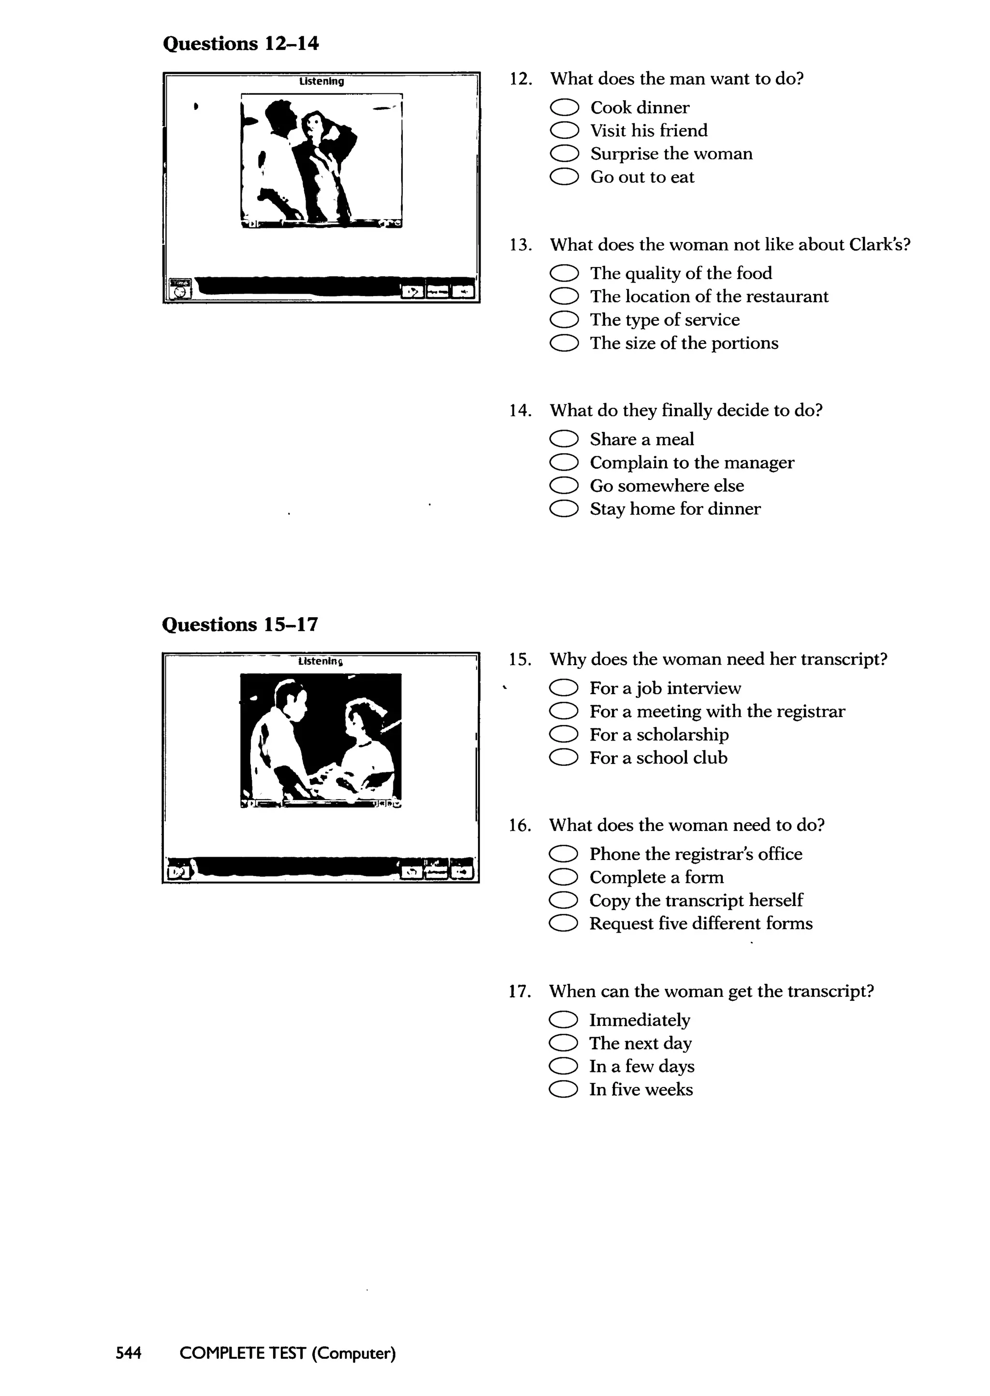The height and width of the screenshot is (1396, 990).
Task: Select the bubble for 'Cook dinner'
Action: click(x=564, y=108)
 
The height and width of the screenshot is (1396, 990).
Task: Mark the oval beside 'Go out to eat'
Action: click(x=564, y=178)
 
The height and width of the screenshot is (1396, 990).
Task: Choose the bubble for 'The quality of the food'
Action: click(x=564, y=273)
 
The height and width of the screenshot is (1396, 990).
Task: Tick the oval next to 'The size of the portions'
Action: click(x=564, y=343)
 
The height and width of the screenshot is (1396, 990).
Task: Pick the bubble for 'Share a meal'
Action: click(x=564, y=439)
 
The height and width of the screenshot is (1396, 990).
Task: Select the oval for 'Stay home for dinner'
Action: click(x=564, y=509)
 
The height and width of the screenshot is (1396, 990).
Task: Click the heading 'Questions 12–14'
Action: click(x=241, y=44)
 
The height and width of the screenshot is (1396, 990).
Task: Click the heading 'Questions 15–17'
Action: click(x=240, y=624)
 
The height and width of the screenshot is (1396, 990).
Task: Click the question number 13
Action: click(x=520, y=245)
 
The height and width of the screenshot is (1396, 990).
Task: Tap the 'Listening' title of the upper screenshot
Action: click(x=321, y=81)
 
